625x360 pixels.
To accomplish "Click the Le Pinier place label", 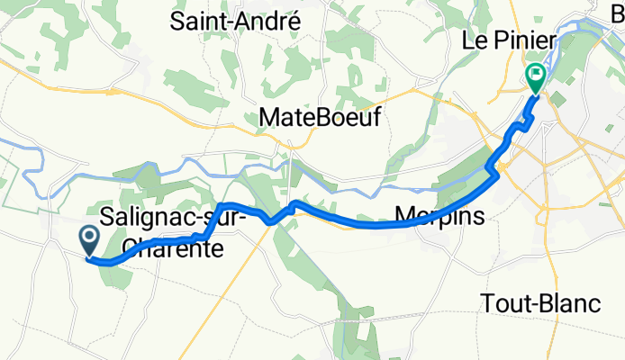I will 508,41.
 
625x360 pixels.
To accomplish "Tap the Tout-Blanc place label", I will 541,303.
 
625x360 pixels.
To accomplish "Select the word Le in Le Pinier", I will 473,41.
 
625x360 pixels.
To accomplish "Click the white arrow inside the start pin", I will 90,238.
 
